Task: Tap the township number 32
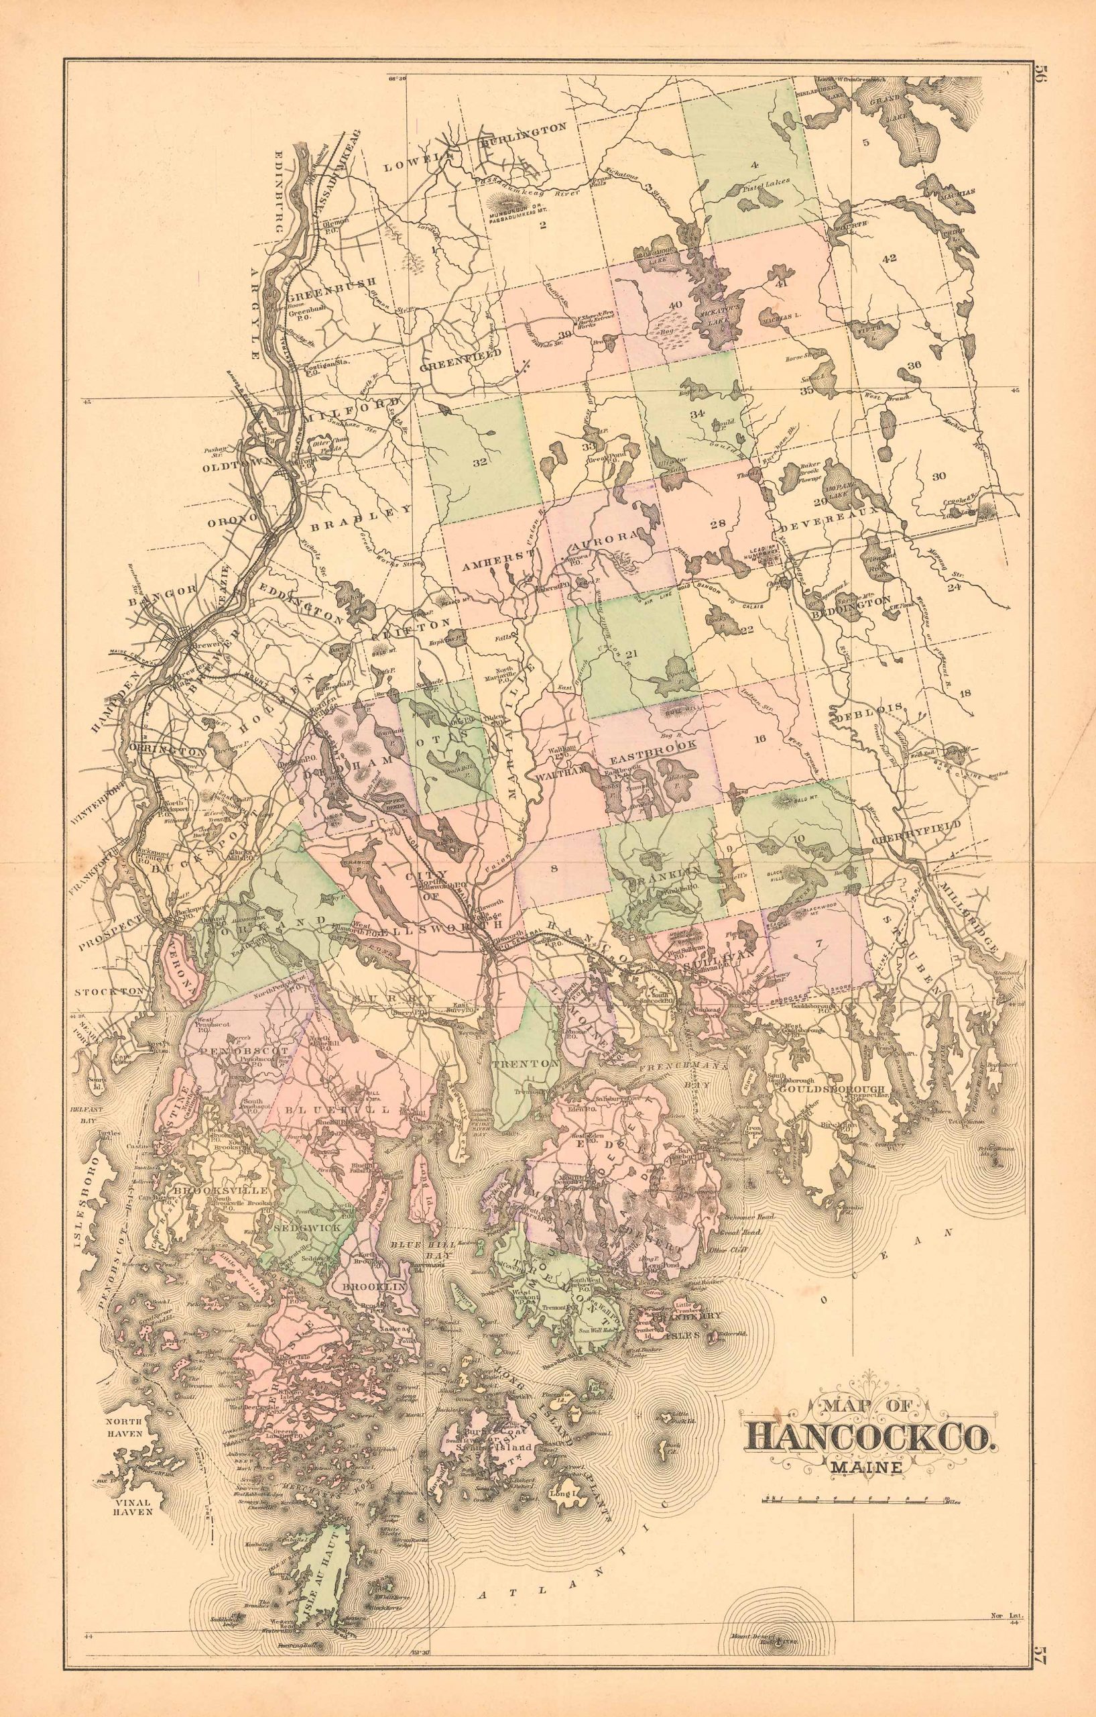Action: (x=479, y=461)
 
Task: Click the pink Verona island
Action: (x=182, y=971)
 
